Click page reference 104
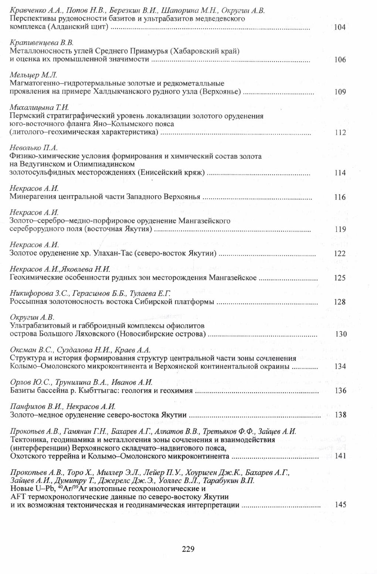coord(340,27)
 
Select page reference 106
coord(340,60)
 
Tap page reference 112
coord(340,133)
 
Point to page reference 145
coord(340,505)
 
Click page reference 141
coord(340,456)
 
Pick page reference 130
coord(340,334)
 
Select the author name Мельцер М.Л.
coord(33,75)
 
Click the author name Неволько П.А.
coord(34,148)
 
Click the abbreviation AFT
coord(18,497)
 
